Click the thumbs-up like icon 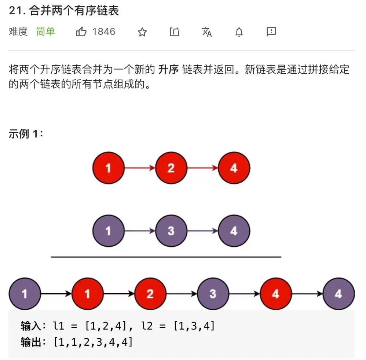[81, 32]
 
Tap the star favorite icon [142, 32]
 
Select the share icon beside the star [175, 32]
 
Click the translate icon [207, 32]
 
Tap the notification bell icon [239, 32]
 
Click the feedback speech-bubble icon [271, 32]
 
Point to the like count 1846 [104, 32]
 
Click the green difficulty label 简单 [45, 32]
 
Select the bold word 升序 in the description [168, 70]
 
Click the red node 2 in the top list [171, 168]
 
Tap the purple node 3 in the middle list [171, 231]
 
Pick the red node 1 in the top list [109, 168]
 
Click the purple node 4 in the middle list [234, 231]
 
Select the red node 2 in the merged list [150, 294]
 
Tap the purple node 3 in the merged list [213, 294]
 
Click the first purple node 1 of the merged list [25, 294]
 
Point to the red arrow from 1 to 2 [140, 168]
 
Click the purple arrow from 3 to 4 [202, 231]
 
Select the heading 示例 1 [26, 134]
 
